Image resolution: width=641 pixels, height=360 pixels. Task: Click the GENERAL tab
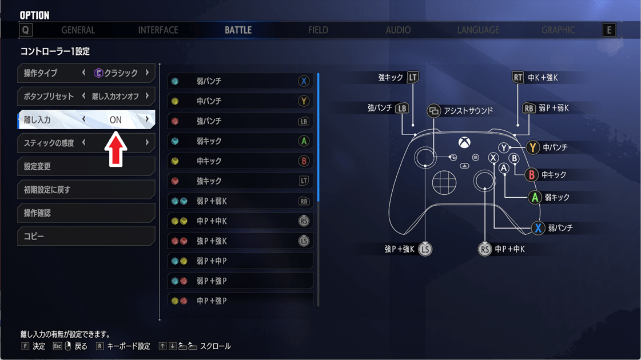tap(78, 30)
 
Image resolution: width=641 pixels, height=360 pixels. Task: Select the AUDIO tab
tap(398, 30)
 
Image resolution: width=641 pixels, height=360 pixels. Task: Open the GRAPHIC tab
tap(558, 30)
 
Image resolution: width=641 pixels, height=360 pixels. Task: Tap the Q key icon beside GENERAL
tap(26, 30)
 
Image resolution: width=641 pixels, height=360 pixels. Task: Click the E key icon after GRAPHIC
tap(609, 30)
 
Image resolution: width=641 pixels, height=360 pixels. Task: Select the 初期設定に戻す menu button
tap(86, 190)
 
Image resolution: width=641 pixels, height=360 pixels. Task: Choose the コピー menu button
tap(86, 236)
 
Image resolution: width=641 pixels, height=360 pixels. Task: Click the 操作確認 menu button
tap(86, 213)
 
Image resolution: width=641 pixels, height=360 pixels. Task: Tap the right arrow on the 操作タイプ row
tap(147, 73)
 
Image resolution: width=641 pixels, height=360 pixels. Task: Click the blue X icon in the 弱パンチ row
tap(303, 81)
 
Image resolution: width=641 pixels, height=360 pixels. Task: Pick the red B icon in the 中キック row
tap(303, 161)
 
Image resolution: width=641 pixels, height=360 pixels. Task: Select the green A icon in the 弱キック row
tap(303, 141)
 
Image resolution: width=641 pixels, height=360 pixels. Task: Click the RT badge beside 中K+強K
tap(517, 77)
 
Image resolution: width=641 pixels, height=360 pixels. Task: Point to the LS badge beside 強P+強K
tap(425, 249)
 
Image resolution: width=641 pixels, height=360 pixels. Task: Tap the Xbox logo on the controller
tap(464, 143)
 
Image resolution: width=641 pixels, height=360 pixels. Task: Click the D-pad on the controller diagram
tap(444, 182)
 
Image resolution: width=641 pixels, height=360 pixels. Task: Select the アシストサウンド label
tap(468, 111)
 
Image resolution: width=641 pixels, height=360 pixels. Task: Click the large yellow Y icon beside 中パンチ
tap(532, 147)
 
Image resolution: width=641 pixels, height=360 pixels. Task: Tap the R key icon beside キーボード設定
tap(99, 346)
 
